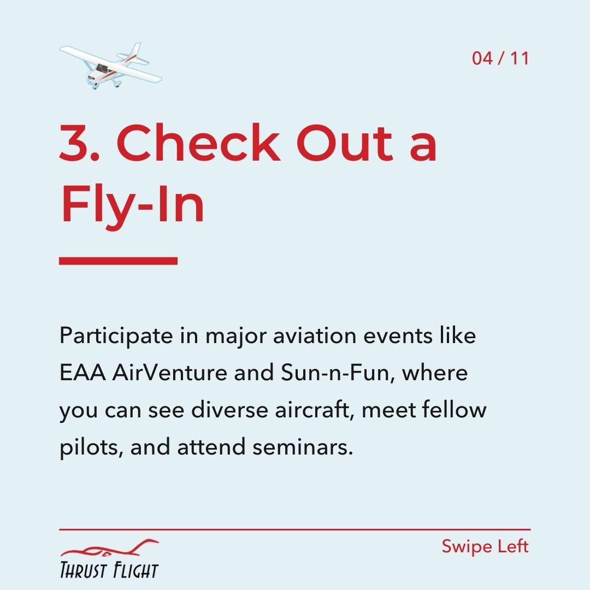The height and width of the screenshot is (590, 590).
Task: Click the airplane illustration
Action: coord(110,66)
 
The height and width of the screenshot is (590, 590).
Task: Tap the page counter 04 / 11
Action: coord(500,58)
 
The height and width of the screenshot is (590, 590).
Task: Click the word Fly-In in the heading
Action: coord(132,205)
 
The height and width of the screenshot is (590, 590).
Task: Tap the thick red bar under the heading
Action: coord(118,261)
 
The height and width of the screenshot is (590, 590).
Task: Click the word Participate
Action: coord(116,336)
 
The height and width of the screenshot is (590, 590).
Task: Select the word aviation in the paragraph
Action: coord(315,335)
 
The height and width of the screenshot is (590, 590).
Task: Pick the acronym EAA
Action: coord(82,373)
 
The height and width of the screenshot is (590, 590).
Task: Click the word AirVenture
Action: coord(169,373)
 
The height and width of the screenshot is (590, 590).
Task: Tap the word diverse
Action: coord(229,409)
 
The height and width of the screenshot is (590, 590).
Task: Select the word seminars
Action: coord(303,447)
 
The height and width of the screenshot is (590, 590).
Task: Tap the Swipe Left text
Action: coord(485,547)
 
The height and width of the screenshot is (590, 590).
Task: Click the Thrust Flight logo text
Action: coord(109,570)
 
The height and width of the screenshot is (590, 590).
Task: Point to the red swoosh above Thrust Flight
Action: coord(109,548)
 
